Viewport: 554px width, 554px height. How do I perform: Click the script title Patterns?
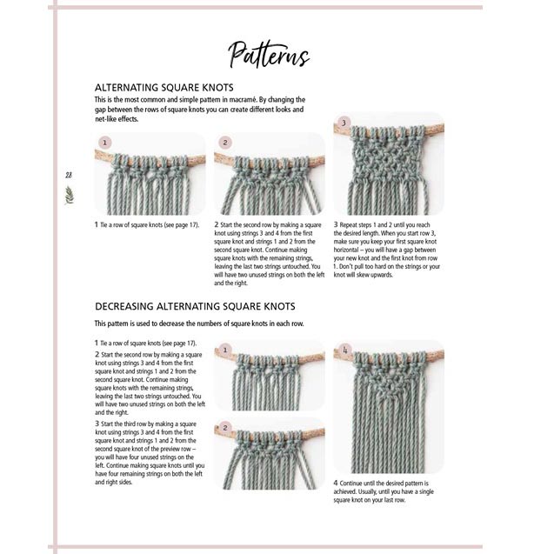pyautogui.click(x=269, y=56)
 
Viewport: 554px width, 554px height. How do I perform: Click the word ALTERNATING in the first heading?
pyautogui.click(x=131, y=88)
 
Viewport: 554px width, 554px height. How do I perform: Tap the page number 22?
pyautogui.click(x=68, y=175)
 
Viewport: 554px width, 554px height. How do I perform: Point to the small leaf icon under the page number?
pyautogui.click(x=69, y=194)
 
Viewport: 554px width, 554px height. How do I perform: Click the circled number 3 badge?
pyautogui.click(x=344, y=123)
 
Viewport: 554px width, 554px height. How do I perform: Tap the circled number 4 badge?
pyautogui.click(x=344, y=351)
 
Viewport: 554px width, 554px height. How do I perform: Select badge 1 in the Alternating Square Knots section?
pyautogui.click(x=105, y=142)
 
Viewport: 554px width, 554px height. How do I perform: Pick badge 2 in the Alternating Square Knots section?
pyautogui.click(x=225, y=142)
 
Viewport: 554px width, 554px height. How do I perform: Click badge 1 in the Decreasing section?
pyautogui.click(x=225, y=350)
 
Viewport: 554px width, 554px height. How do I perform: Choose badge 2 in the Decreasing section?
pyautogui.click(x=225, y=429)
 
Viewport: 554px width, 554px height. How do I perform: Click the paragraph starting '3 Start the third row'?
pyautogui.click(x=148, y=452)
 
